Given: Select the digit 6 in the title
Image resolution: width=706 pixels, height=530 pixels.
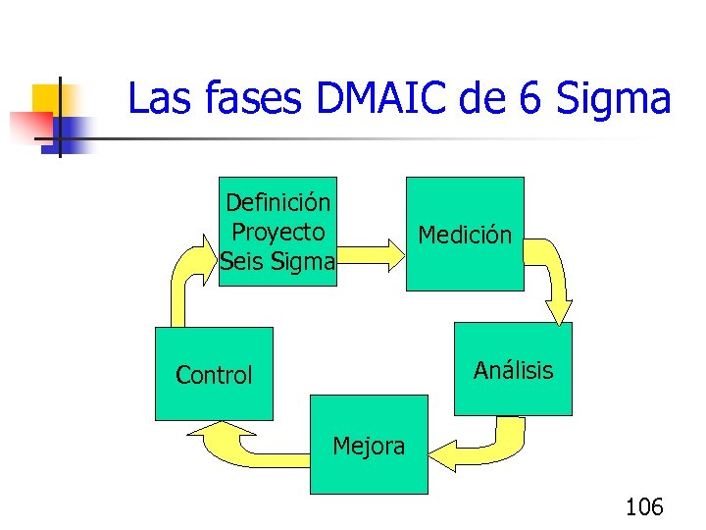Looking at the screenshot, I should pyautogui.click(x=529, y=99).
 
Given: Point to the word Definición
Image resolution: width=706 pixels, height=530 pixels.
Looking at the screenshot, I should pyautogui.click(x=277, y=203).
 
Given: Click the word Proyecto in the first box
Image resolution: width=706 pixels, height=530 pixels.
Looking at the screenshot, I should pyautogui.click(x=277, y=233).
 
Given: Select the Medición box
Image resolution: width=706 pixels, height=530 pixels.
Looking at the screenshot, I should pyautogui.click(x=465, y=234).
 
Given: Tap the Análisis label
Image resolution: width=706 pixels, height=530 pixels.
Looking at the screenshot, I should pyautogui.click(x=513, y=370).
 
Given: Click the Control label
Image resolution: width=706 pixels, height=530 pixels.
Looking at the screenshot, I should pyautogui.click(x=214, y=375).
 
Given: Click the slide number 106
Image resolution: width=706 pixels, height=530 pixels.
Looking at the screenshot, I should pyautogui.click(x=644, y=506).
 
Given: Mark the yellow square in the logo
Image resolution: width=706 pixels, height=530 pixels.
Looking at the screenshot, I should pyautogui.click(x=47, y=101).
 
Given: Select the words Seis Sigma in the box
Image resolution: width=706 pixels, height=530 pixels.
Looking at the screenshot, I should pyautogui.click(x=277, y=262).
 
